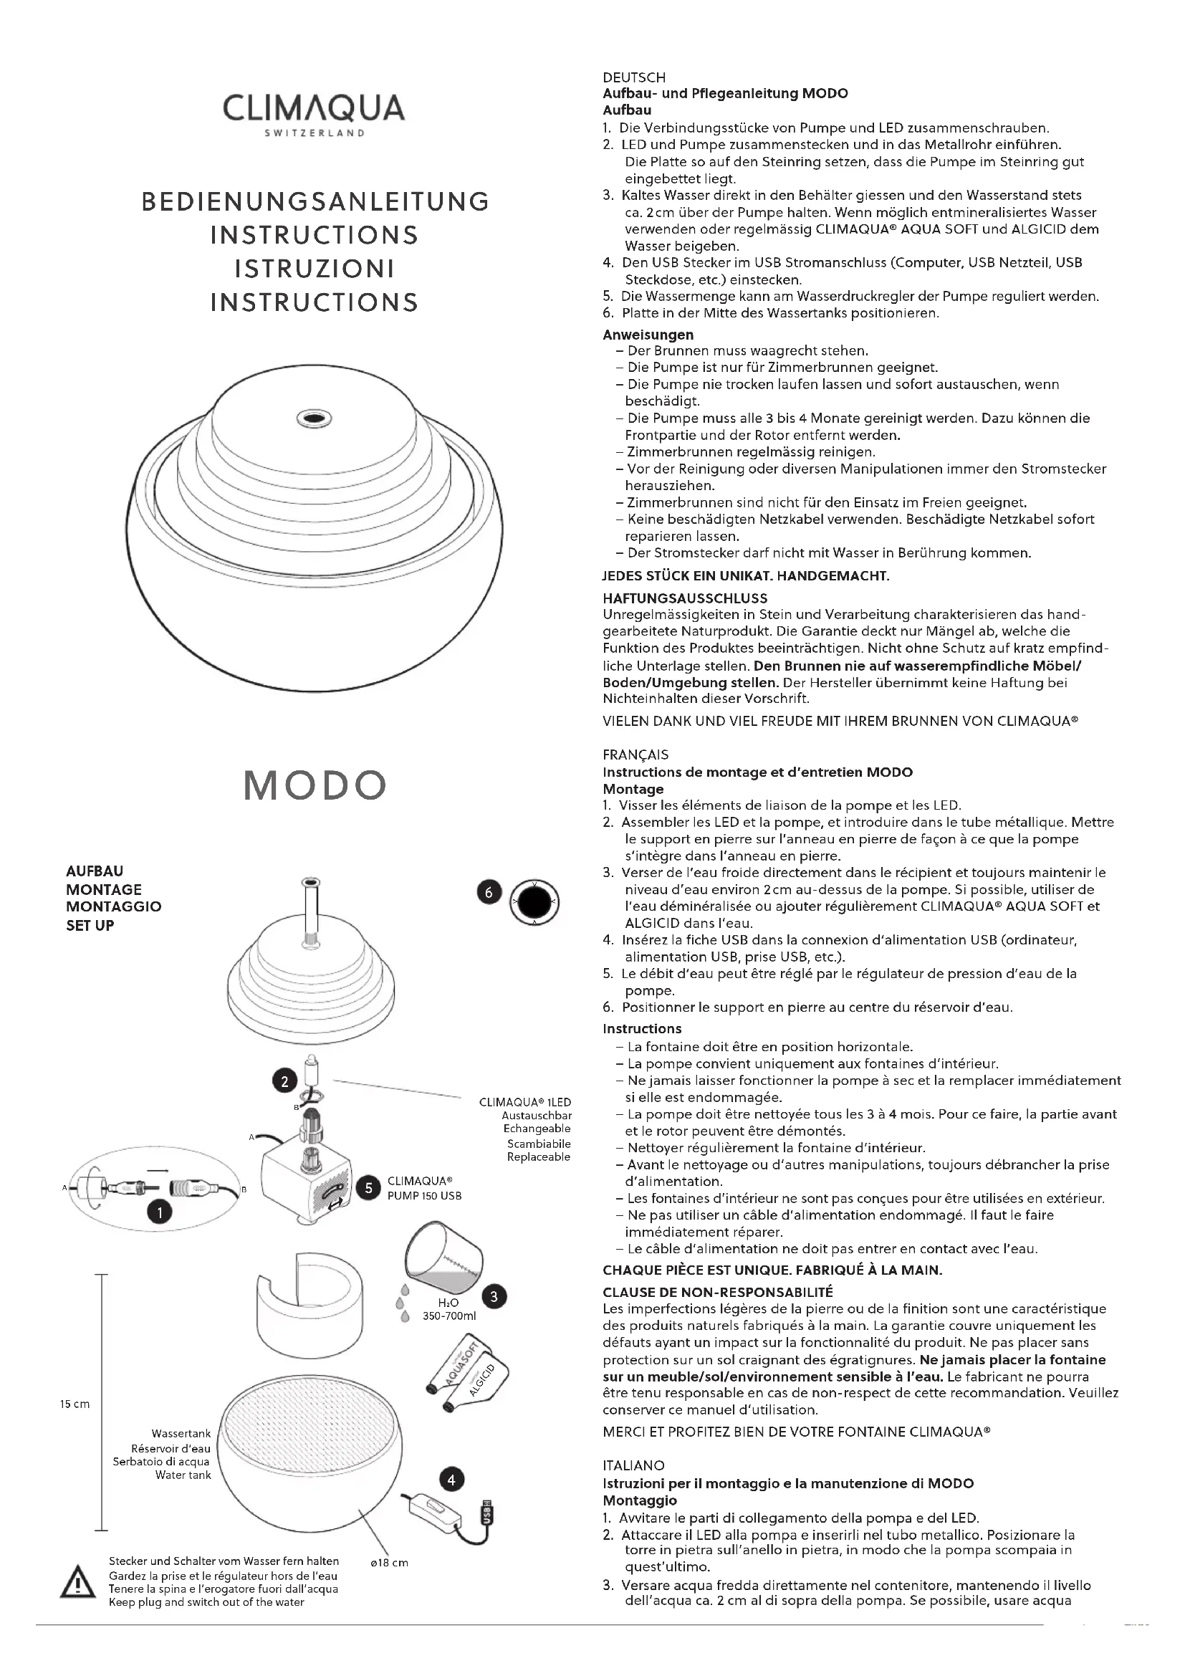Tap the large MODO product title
coord(315,785)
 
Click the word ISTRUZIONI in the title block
coord(315,269)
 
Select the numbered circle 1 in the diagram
coord(160,1212)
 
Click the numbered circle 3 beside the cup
coord(495,1296)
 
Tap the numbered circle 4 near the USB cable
coord(451,1480)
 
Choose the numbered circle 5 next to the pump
coord(368,1187)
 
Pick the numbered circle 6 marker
coord(489,892)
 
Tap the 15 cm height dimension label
coord(75,1404)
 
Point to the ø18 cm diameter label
coord(390,1563)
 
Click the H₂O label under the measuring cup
coord(448,1303)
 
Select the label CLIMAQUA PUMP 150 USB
coord(424,1187)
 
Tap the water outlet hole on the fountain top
coord(314,419)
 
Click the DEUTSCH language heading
coord(634,77)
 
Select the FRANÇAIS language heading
coord(635,755)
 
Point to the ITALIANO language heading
coord(633,1465)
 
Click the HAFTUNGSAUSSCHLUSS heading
coord(684,598)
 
